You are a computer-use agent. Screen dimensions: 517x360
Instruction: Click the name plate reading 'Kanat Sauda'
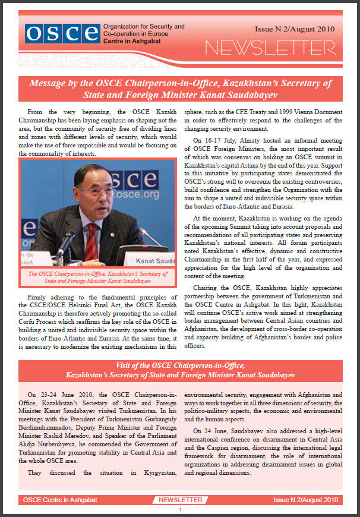pyautogui.click(x=153, y=261)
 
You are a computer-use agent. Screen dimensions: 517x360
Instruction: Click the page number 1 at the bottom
pyautogui.click(x=180, y=510)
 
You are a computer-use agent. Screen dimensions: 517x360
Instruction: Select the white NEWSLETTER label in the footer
pyautogui.click(x=180, y=500)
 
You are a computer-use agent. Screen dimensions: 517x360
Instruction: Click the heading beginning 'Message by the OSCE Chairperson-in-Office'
pyautogui.click(x=180, y=89)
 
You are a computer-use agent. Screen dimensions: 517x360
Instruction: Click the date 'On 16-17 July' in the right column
pyautogui.click(x=217, y=140)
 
